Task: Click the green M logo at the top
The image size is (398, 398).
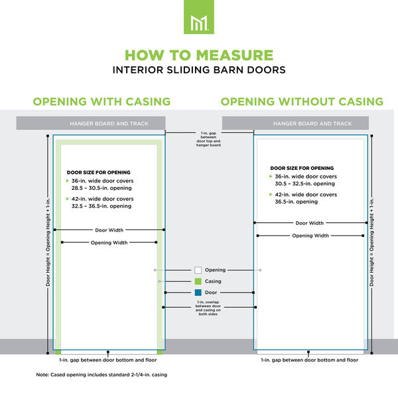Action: pyautogui.click(x=198, y=17)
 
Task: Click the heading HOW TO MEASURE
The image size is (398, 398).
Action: pyautogui.click(x=199, y=55)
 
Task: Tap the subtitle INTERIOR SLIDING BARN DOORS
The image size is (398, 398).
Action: pyautogui.click(x=199, y=69)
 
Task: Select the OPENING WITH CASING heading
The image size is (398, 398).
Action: pyautogui.click(x=102, y=101)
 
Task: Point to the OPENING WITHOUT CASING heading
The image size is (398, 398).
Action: pyautogui.click(x=302, y=101)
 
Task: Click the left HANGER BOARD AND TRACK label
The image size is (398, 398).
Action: pyautogui.click(x=109, y=123)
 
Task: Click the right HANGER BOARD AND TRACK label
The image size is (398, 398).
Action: pyautogui.click(x=312, y=123)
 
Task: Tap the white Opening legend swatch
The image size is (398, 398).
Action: pyautogui.click(x=198, y=270)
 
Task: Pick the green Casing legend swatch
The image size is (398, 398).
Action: pyautogui.click(x=198, y=281)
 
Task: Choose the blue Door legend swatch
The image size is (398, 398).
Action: pyautogui.click(x=198, y=293)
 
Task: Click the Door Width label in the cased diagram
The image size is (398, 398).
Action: pyautogui.click(x=109, y=230)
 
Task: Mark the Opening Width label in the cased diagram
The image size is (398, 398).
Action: pyautogui.click(x=109, y=243)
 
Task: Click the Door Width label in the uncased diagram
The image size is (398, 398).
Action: pyautogui.click(x=310, y=224)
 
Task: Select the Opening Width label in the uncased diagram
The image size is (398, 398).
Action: pyautogui.click(x=310, y=235)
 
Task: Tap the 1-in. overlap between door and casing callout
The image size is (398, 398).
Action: pyautogui.click(x=210, y=309)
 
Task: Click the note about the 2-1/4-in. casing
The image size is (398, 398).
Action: pyautogui.click(x=101, y=375)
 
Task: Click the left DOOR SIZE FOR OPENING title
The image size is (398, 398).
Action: pyautogui.click(x=99, y=172)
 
